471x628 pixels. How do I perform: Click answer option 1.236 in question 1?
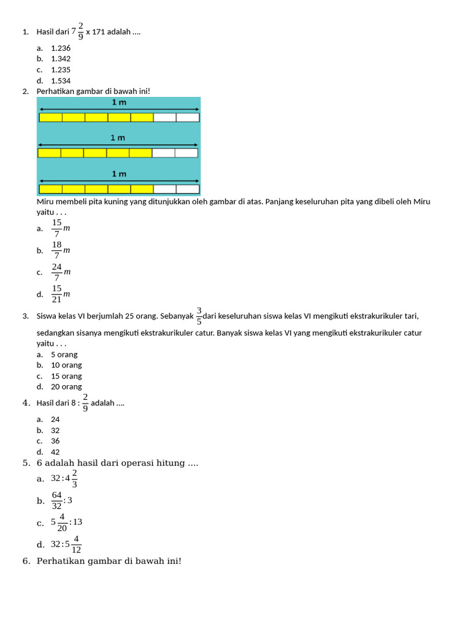tap(61, 48)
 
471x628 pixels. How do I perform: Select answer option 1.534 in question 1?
tap(61, 80)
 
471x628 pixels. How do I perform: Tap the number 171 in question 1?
tap(98, 32)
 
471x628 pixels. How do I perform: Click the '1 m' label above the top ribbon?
tap(119, 102)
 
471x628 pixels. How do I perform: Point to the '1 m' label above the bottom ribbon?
tap(119, 174)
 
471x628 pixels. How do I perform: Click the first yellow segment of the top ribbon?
tap(51, 117)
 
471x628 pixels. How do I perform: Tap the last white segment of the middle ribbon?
tap(186, 153)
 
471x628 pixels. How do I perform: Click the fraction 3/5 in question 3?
tap(199, 316)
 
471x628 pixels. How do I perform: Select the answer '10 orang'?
tap(66, 365)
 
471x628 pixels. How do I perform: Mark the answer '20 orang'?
tap(66, 387)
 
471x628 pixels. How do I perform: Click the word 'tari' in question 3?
tap(412, 316)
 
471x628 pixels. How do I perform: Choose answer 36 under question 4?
tap(55, 441)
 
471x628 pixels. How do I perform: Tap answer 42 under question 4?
tap(55, 452)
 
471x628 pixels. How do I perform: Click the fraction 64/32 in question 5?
tap(57, 500)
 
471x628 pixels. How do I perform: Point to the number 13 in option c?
tap(77, 522)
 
